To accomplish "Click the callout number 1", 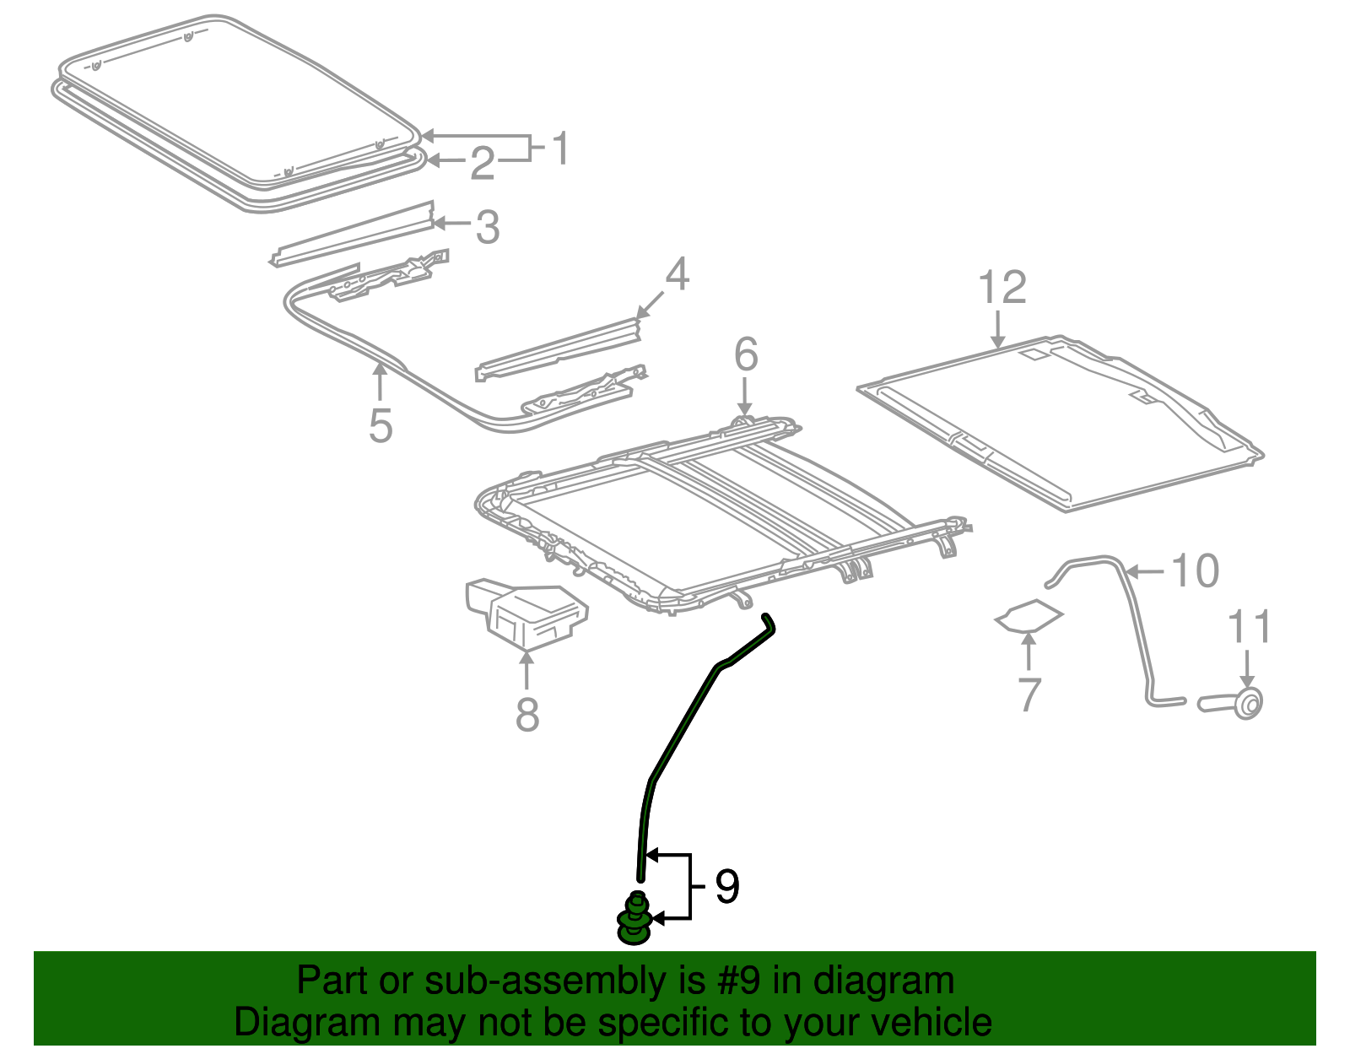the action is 560,149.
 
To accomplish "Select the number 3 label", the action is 488,227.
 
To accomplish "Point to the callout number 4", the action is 677,274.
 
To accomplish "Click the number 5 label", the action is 381,426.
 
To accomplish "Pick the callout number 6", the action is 746,354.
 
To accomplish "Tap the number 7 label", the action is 1029,695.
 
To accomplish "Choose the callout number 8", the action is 526,715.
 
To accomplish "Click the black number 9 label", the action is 726,887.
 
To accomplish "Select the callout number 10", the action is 1195,570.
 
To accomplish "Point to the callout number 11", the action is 1250,626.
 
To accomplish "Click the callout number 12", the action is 1002,287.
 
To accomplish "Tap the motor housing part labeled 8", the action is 526,613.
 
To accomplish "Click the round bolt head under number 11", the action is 1248,703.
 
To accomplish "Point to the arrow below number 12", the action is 998,329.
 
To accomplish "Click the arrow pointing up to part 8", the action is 526,668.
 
